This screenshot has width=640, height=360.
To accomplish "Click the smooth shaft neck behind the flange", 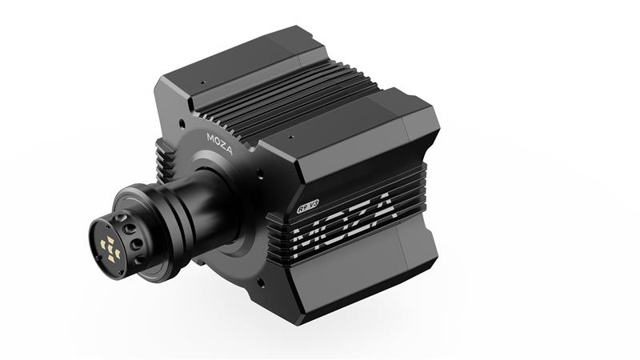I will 204,204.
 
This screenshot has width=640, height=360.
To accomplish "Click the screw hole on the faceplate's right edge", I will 258,170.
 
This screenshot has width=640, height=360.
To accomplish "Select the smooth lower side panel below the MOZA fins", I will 352,280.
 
